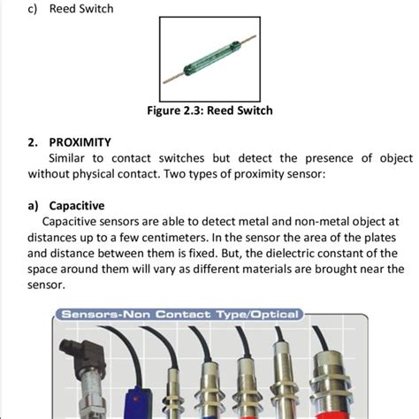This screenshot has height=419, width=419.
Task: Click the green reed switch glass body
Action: [x=212, y=58]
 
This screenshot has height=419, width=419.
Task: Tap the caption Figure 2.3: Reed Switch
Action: [x=209, y=110]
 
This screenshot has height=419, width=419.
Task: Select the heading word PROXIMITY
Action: [x=80, y=142]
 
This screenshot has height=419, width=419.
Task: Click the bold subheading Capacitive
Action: [x=77, y=206]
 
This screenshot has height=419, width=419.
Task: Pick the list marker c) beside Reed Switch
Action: [x=33, y=9]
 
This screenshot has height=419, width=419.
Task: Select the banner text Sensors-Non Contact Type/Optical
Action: [x=179, y=315]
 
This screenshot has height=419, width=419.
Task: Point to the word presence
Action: [x=329, y=159]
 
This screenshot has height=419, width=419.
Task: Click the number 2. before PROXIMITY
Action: [x=33, y=142]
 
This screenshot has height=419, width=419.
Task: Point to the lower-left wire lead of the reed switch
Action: [x=174, y=79]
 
